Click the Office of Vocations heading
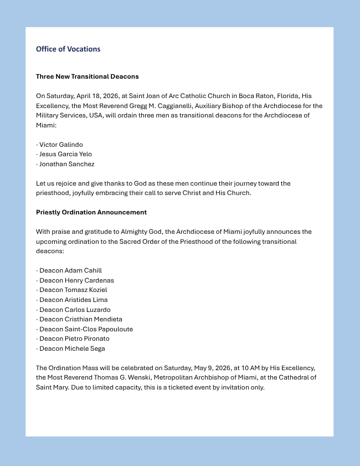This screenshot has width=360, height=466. pos(68,49)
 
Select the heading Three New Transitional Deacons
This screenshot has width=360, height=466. pos(87,76)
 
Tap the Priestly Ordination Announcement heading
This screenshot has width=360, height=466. pos(91,212)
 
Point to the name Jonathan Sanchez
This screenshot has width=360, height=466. pos(66,164)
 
